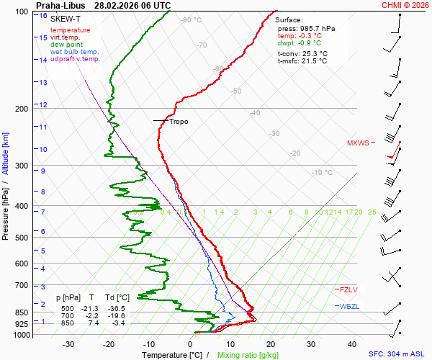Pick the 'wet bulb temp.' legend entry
75,52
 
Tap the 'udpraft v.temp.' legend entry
76,59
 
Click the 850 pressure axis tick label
21,312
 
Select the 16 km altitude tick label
43,16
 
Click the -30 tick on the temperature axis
68,344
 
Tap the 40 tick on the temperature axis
352,344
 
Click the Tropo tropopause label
179,122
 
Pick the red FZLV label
348,289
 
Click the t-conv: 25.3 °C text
302,53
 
